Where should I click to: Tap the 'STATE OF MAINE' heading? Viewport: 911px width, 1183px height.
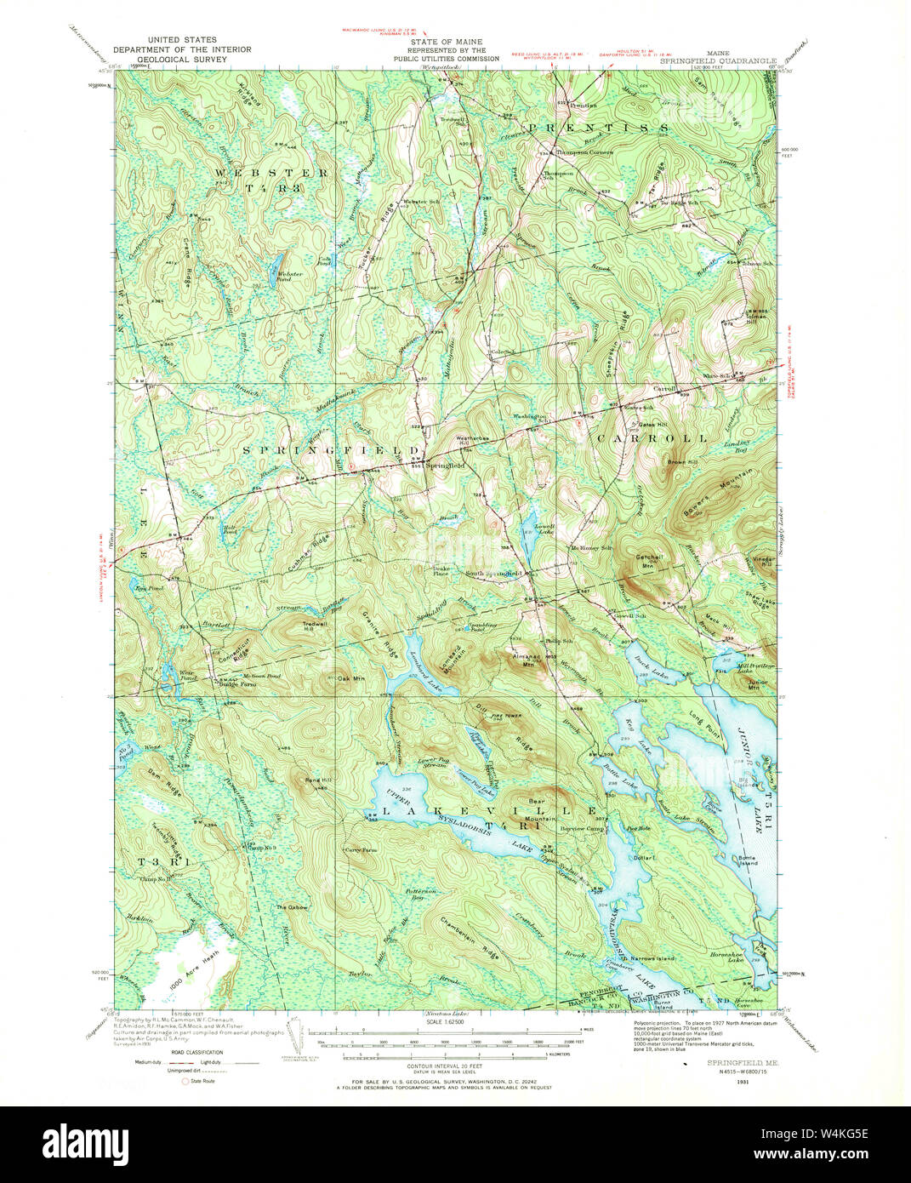tap(434, 42)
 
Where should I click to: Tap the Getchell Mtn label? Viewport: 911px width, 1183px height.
tap(649, 560)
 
